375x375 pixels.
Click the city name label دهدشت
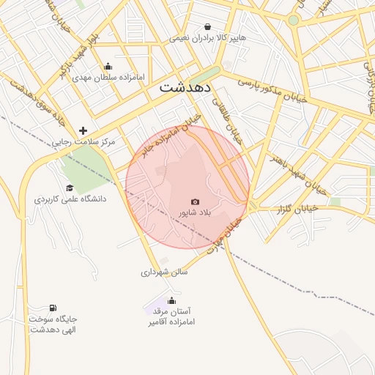coord(185,86)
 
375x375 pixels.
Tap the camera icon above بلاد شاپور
coord(195,201)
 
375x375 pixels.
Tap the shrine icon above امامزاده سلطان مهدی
coord(108,66)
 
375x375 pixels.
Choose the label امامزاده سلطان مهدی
coord(108,77)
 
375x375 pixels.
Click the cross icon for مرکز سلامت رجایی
coord(83,130)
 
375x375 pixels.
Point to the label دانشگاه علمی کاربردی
coord(70,198)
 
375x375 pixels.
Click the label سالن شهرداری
coord(165,272)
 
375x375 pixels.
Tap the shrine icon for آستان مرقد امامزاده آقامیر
coord(171,300)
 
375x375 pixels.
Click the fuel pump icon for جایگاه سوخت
coord(53,308)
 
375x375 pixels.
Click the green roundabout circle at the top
coord(293,21)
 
